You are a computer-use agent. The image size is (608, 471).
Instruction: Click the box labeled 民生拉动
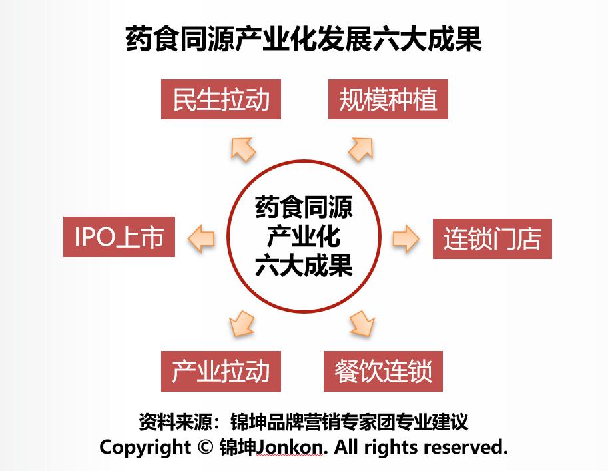pyautogui.click(x=220, y=99)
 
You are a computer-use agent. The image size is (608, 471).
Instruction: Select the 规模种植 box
pyautogui.click(x=388, y=99)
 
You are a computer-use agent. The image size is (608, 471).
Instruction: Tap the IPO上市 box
pyautogui.click(x=119, y=236)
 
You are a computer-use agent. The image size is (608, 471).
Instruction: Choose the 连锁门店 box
pyautogui.click(x=492, y=238)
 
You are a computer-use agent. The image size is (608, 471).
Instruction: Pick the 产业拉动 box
pyautogui.click(x=220, y=371)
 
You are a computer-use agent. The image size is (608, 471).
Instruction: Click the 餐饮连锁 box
pyautogui.click(x=383, y=371)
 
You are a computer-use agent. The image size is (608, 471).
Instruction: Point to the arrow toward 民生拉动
pyautogui.click(x=243, y=149)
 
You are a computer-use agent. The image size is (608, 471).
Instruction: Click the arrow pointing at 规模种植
pyautogui.click(x=361, y=149)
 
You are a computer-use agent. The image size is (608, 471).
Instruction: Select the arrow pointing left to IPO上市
pyautogui.click(x=201, y=238)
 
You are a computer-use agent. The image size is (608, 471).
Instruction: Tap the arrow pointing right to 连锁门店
pyautogui.click(x=406, y=238)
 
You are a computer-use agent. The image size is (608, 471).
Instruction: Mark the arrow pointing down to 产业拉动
pyautogui.click(x=242, y=324)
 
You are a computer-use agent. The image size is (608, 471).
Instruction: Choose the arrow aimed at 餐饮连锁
pyautogui.click(x=362, y=324)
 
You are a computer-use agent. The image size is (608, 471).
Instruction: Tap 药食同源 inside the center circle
pyautogui.click(x=304, y=207)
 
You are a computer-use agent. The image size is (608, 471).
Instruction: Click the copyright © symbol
pyautogui.click(x=205, y=446)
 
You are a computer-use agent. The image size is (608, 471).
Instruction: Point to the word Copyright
pyautogui.click(x=145, y=447)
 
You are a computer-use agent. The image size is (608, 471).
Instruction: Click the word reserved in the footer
pyautogui.click(x=465, y=447)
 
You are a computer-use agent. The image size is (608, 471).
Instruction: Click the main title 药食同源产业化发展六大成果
pyautogui.click(x=304, y=39)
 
